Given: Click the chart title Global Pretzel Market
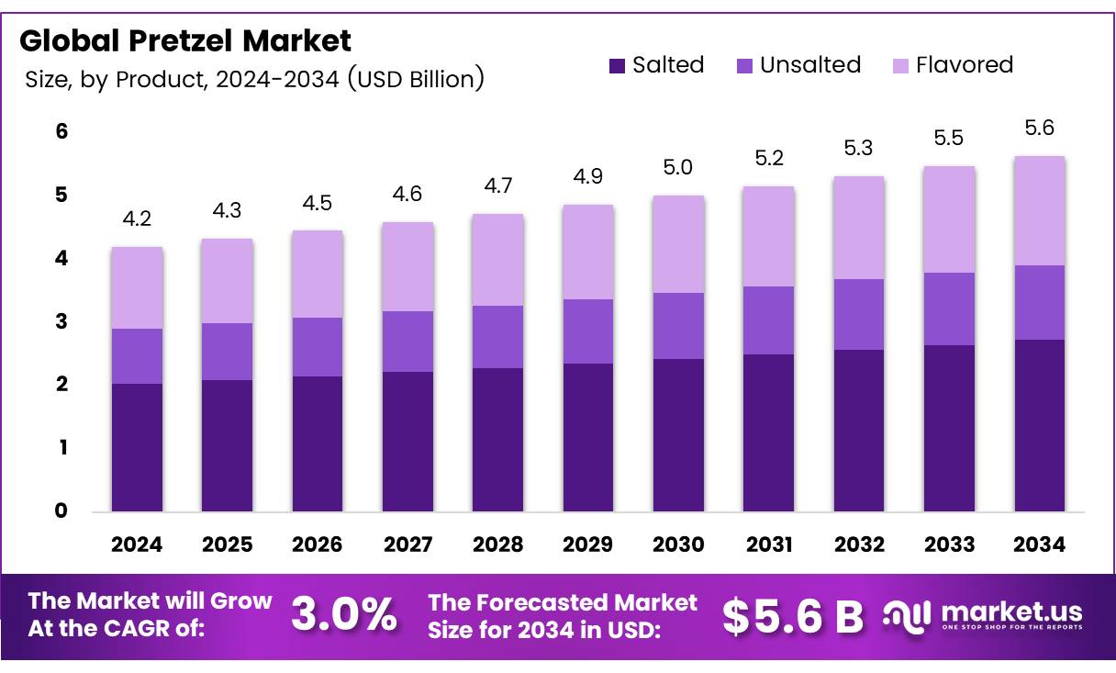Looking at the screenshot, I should (x=184, y=41).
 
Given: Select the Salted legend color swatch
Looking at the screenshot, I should (x=617, y=66).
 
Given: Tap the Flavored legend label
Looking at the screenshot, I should (x=964, y=65).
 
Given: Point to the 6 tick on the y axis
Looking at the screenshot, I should (x=61, y=131).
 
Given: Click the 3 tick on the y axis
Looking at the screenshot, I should (x=61, y=321).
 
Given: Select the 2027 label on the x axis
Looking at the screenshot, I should (x=407, y=544).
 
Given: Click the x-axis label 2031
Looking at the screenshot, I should (x=768, y=544).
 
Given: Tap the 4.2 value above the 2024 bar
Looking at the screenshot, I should (x=137, y=220).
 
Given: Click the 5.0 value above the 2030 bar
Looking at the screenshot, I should (x=678, y=168).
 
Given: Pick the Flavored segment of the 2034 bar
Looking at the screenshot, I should (x=1039, y=211).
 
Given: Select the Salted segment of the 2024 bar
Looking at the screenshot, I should (x=137, y=447).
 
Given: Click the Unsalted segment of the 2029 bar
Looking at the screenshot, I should (x=587, y=331).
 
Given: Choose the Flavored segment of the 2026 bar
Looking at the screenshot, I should (x=317, y=274).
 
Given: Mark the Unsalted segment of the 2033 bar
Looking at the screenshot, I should (x=949, y=308).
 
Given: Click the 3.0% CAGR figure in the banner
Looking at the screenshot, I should (x=345, y=615).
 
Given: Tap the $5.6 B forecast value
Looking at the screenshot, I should (x=792, y=616).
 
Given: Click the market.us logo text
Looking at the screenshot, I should (x=1012, y=611).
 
